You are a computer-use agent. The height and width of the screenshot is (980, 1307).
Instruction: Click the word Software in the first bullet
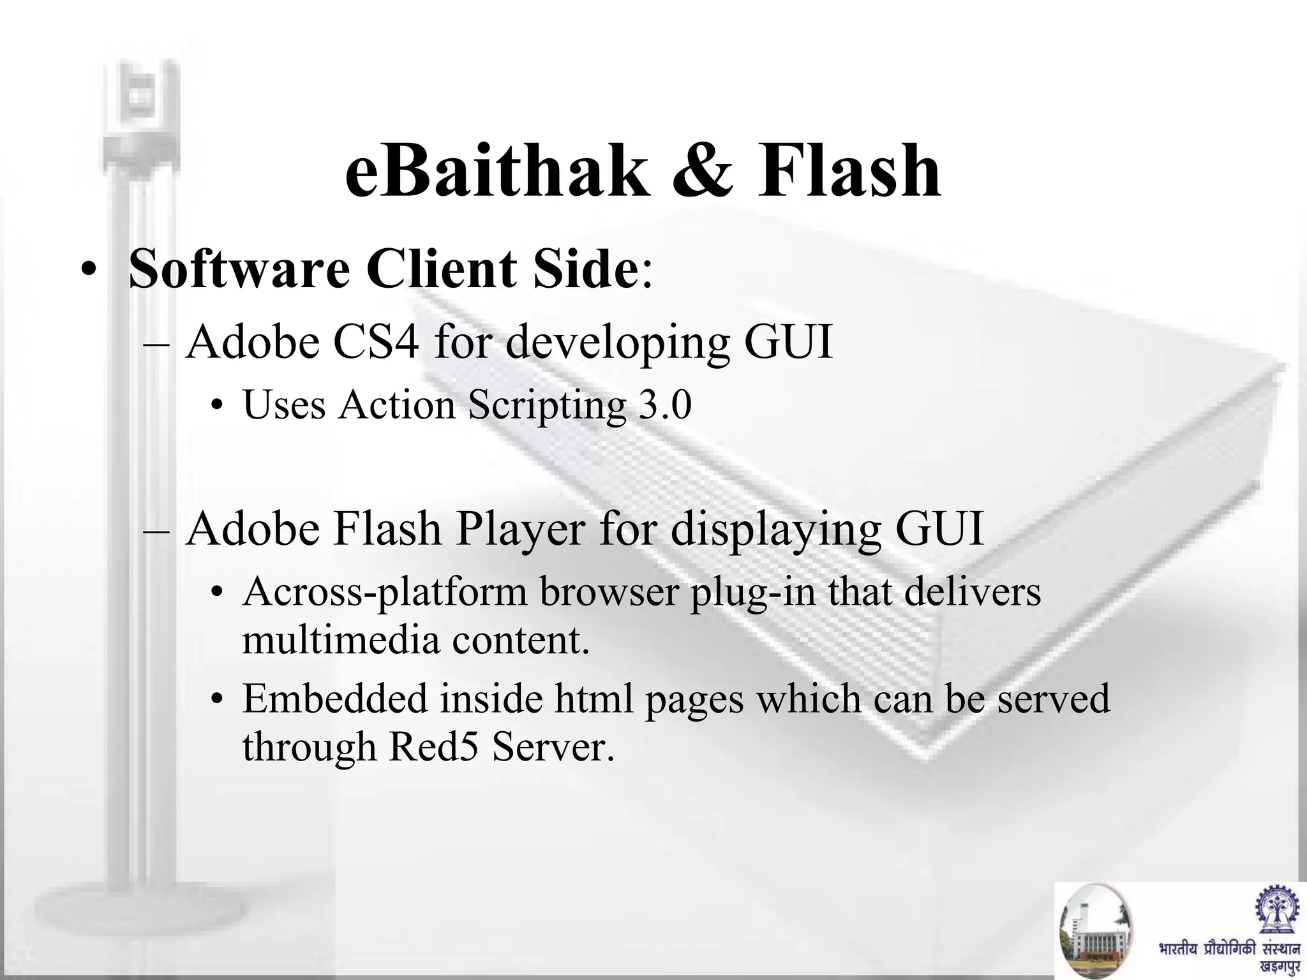pos(239,268)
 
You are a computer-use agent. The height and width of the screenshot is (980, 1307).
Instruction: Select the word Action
pos(396,405)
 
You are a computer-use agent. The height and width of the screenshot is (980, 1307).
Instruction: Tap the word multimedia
pos(341,641)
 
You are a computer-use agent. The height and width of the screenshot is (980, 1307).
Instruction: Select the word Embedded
pos(335,699)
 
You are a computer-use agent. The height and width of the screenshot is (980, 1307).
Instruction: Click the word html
pos(594,699)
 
